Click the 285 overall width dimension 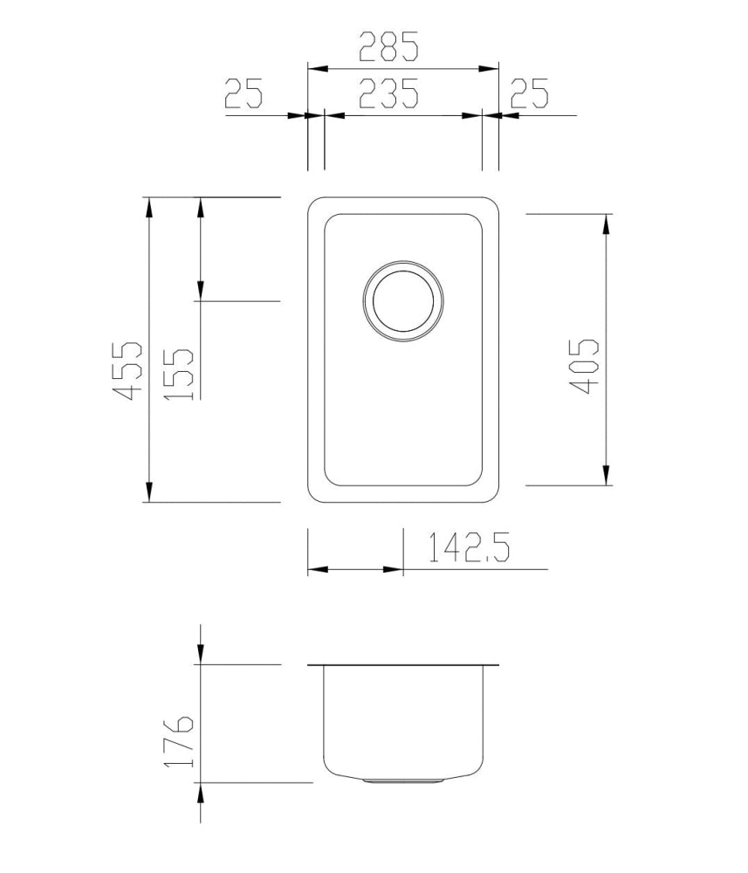pyautogui.click(x=389, y=46)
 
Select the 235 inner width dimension pyautogui.click(x=388, y=93)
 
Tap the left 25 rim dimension pyautogui.click(x=244, y=93)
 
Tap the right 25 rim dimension pyautogui.click(x=529, y=93)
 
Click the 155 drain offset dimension pyautogui.click(x=180, y=373)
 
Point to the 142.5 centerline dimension pyautogui.click(x=468, y=548)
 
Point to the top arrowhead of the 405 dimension pyautogui.click(x=605, y=223)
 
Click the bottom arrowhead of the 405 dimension pyautogui.click(x=605, y=474)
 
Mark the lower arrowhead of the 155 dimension pyautogui.click(x=201, y=291)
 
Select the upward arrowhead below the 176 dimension pyautogui.click(x=201, y=793)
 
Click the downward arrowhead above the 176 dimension pyautogui.click(x=201, y=654)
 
